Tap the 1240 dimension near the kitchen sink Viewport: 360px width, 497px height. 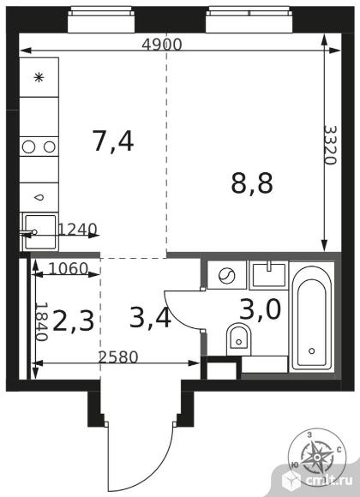pos(78,229)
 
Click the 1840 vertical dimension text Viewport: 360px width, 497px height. pos(40,321)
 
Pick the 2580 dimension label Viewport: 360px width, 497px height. pos(119,356)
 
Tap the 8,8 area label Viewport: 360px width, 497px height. pos(252,182)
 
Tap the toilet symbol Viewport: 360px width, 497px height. pos(237,338)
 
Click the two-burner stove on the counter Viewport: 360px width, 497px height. pos(39,147)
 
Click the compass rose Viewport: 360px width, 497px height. pos(319,455)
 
